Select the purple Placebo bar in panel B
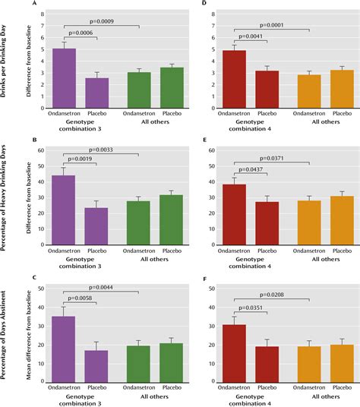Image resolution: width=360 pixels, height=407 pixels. [96, 219]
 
